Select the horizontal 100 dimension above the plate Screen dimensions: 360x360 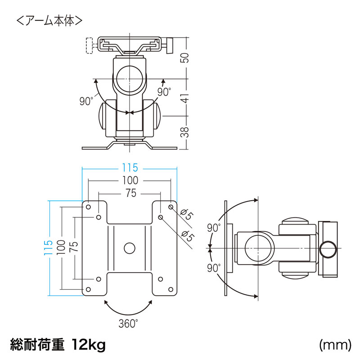click(129, 181)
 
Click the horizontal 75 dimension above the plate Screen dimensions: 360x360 click(129, 193)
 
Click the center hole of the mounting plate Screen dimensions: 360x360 click(129, 248)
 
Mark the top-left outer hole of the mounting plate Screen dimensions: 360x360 click(88, 207)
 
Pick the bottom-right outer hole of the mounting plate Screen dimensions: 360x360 click(170, 289)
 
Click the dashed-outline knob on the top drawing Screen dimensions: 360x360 click(89, 45)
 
